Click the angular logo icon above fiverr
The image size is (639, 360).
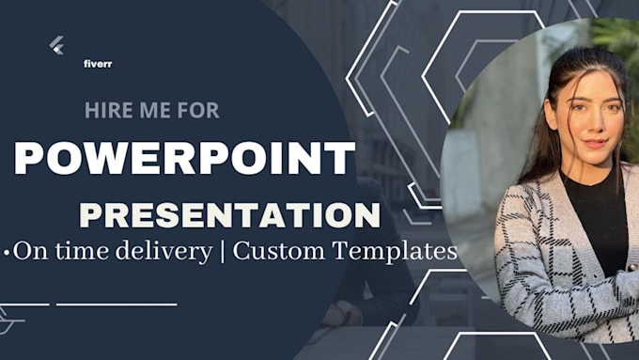tap(57, 44)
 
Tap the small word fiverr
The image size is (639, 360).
tap(97, 65)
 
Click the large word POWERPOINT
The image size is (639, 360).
tap(185, 159)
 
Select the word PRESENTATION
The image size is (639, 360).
tap(229, 213)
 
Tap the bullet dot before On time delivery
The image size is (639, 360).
tap(8, 253)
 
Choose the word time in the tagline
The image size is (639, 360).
tap(77, 252)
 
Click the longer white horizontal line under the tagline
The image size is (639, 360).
tap(117, 304)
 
